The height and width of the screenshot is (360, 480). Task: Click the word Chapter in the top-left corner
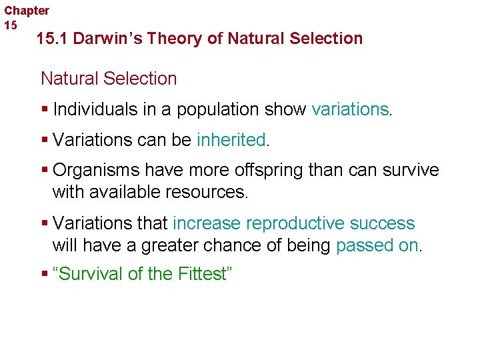(27, 11)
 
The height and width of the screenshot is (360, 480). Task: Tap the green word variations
(349, 109)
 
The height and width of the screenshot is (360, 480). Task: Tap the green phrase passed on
(377, 245)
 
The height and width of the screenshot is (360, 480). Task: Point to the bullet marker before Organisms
(44, 171)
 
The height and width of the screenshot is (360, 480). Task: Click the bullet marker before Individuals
(44, 109)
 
